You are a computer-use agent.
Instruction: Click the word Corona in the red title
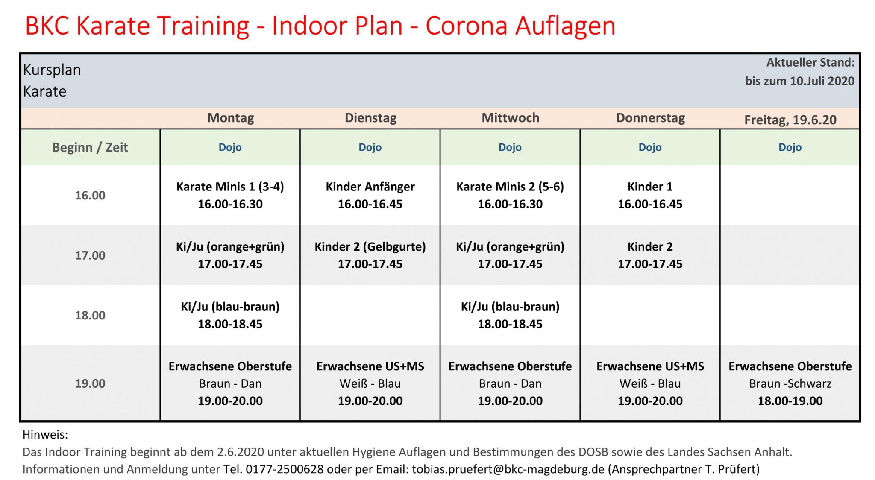[467, 26]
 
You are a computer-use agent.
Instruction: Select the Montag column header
[231, 118]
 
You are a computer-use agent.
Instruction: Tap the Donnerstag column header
[650, 118]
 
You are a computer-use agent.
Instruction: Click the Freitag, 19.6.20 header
[790, 120]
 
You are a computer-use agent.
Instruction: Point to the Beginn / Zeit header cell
[90, 147]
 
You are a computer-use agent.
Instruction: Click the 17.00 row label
[90, 255]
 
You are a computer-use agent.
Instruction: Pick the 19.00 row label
[90, 383]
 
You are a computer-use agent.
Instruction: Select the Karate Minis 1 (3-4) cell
[230, 195]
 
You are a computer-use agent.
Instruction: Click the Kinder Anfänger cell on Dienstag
[370, 195]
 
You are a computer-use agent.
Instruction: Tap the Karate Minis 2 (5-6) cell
[510, 195]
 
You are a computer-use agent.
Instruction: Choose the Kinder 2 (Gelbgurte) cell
[370, 255]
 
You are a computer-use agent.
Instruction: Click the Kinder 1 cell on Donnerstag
[650, 195]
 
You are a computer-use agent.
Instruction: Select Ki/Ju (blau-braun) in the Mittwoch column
[510, 307]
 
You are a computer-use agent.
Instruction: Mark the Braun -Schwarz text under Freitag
[790, 383]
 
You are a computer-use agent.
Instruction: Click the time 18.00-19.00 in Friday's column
[790, 401]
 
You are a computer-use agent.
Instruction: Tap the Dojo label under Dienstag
[370, 147]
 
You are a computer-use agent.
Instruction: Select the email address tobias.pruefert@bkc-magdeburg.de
[508, 469]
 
